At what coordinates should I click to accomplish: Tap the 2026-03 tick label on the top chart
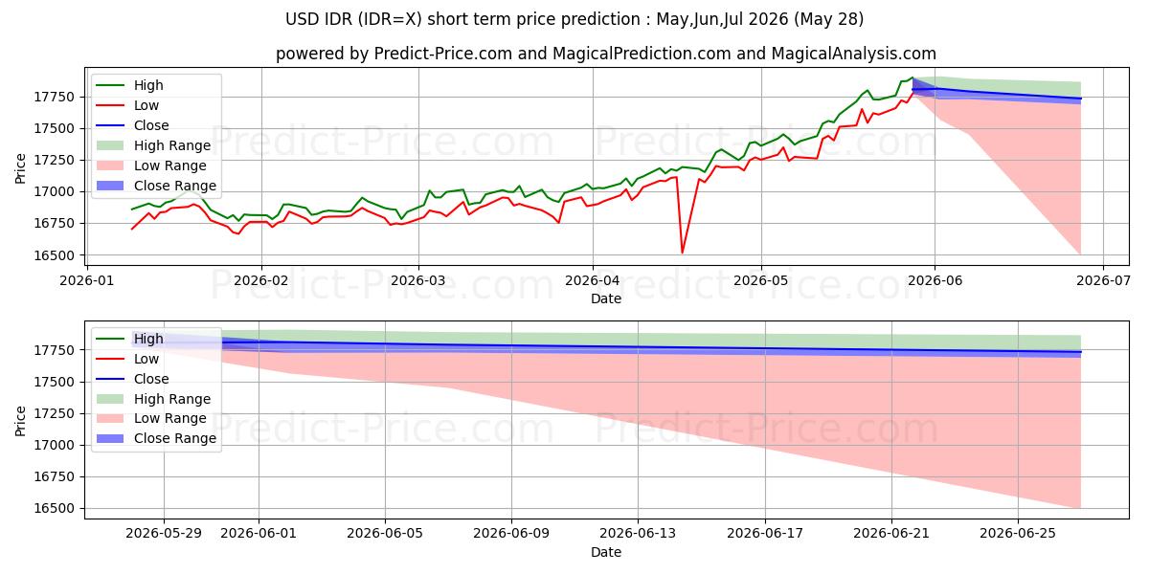pyautogui.click(x=418, y=281)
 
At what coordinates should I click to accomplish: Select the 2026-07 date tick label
pyautogui.click(x=1103, y=281)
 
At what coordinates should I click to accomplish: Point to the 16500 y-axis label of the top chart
pyautogui.click(x=55, y=255)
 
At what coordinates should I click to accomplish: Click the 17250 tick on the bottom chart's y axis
pyautogui.click(x=55, y=413)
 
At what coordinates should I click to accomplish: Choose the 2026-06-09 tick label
pyautogui.click(x=511, y=534)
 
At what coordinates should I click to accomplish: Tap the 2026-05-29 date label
pyautogui.click(x=164, y=534)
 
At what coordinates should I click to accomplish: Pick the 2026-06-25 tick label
pyautogui.click(x=1018, y=534)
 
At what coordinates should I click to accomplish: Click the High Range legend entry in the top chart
pyautogui.click(x=154, y=145)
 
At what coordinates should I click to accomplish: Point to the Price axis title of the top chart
pyautogui.click(x=20, y=168)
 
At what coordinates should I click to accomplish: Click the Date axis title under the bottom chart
pyautogui.click(x=606, y=553)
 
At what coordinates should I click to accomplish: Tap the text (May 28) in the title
pyautogui.click(x=828, y=19)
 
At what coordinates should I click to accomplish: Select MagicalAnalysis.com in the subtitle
pyautogui.click(x=853, y=54)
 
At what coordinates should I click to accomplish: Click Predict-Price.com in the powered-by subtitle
pyautogui.click(x=443, y=54)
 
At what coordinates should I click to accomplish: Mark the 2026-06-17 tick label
pyautogui.click(x=765, y=534)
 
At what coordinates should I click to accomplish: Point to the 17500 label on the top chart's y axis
pyautogui.click(x=55, y=128)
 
